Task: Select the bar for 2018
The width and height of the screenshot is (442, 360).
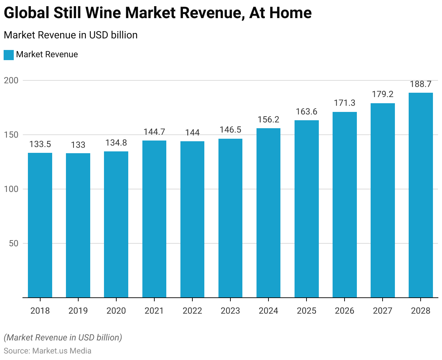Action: [x=40, y=225]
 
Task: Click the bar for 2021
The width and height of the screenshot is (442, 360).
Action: [x=154, y=219]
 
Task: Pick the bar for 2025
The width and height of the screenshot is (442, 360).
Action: [x=307, y=209]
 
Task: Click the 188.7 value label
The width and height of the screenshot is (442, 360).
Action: [x=421, y=84]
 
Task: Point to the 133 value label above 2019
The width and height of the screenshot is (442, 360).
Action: [x=78, y=145]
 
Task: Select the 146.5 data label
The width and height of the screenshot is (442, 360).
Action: [x=230, y=130]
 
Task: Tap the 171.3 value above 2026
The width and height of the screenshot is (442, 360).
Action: [x=345, y=103]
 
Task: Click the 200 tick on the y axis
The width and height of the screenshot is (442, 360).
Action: [x=11, y=80]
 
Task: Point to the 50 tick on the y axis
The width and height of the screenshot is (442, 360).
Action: [x=13, y=243]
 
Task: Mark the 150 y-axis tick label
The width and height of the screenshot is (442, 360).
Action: [x=11, y=135]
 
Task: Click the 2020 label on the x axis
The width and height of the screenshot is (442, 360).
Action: [x=116, y=311]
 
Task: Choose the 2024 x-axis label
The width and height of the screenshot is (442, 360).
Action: [x=268, y=311]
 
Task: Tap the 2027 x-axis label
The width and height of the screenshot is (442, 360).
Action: [x=383, y=311]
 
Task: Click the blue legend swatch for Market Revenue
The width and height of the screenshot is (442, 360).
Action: [x=9, y=55]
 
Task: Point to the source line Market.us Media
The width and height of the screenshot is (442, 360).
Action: [x=47, y=351]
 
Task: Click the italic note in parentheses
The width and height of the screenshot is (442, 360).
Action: [x=63, y=338]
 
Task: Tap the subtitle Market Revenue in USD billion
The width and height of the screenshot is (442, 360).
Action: [x=71, y=35]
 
